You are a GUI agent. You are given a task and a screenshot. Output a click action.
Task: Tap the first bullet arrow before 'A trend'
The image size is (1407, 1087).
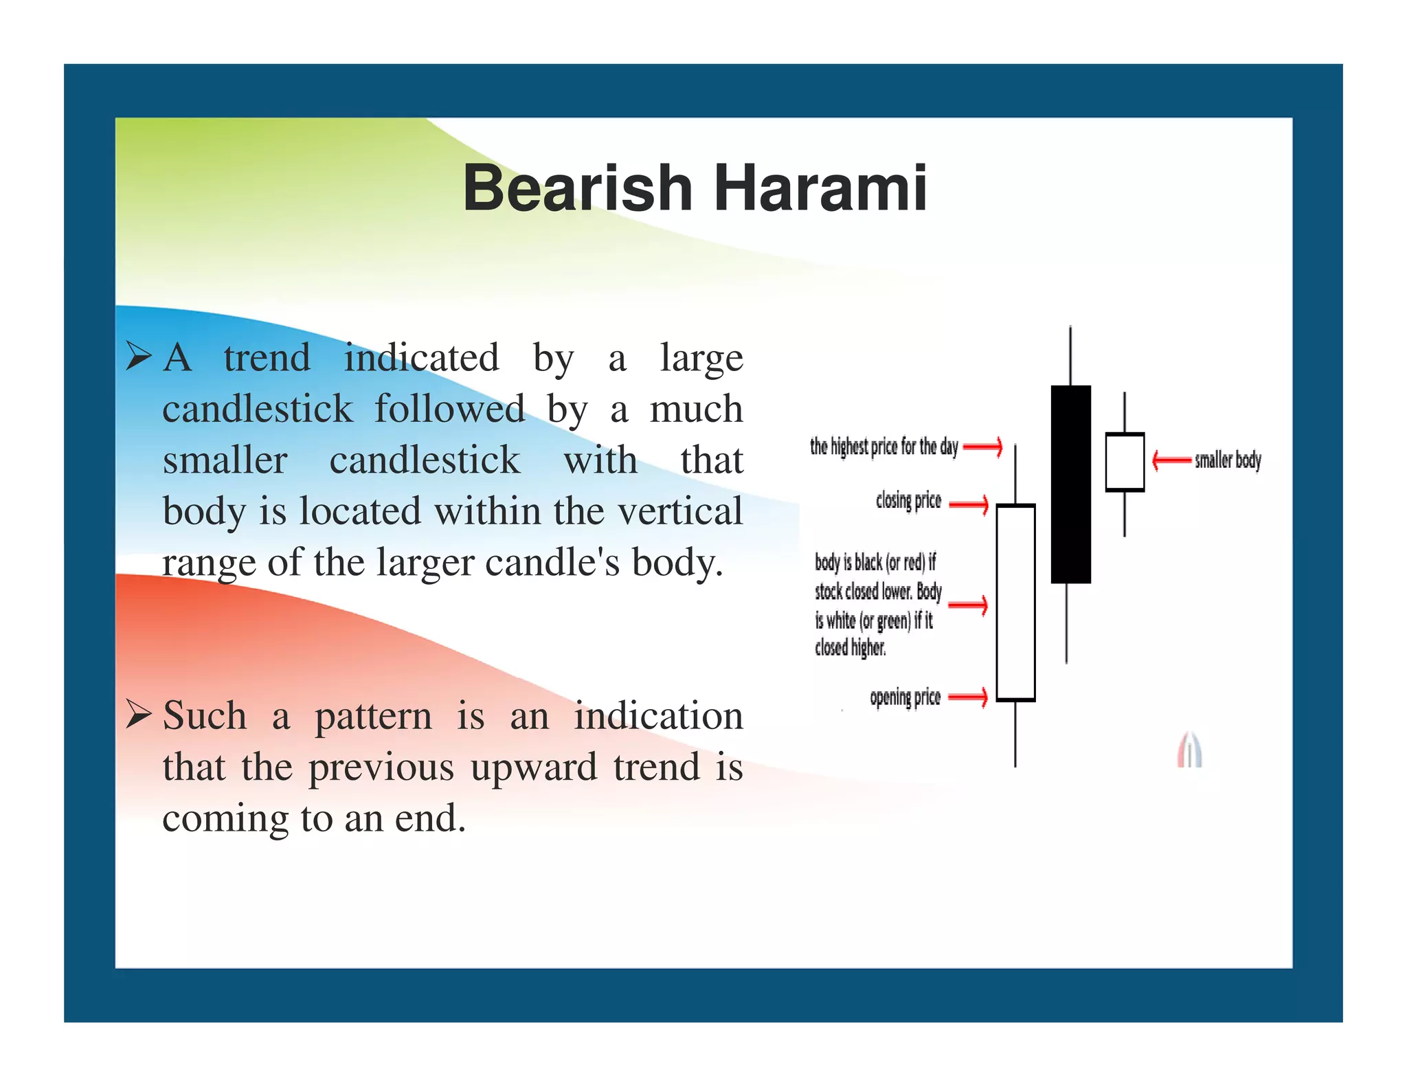(139, 357)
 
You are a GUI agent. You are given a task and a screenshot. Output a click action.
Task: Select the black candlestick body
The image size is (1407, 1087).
(1070, 484)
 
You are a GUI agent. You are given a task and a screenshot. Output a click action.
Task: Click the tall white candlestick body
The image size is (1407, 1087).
(1015, 603)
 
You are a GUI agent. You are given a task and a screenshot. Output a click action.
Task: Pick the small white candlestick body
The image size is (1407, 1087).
(1124, 462)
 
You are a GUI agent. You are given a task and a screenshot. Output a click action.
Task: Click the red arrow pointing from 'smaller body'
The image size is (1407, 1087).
(1171, 460)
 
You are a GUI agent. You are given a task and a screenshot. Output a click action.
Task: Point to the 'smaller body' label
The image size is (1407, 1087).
(1228, 460)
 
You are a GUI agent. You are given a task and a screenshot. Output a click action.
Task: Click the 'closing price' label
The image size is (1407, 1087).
(908, 500)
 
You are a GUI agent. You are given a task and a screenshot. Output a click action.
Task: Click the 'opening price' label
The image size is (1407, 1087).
(905, 697)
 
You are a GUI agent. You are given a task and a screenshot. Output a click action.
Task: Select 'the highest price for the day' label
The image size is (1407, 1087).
(883, 447)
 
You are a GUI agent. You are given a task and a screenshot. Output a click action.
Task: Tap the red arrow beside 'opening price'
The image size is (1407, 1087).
(968, 697)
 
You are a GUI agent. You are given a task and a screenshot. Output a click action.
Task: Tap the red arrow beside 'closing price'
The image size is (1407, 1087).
(969, 504)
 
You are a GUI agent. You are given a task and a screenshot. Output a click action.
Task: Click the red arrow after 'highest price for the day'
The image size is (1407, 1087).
(982, 447)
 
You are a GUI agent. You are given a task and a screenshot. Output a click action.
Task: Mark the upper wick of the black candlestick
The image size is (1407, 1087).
(1070, 356)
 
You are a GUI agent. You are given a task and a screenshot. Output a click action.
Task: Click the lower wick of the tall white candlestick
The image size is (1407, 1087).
(1015, 734)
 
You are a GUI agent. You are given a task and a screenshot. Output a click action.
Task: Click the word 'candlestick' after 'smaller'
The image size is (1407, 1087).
(424, 460)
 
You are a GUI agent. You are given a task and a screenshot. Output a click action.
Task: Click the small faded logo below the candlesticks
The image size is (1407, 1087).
(1189, 750)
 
